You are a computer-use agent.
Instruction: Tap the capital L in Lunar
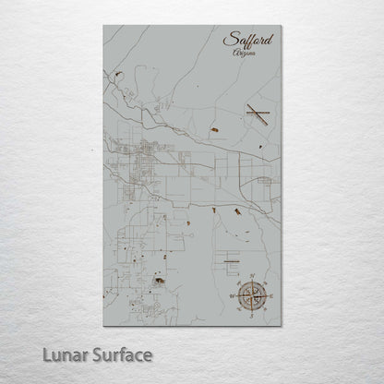47,354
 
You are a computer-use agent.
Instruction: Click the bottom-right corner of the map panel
282,325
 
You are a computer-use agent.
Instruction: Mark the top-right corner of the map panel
282,26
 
